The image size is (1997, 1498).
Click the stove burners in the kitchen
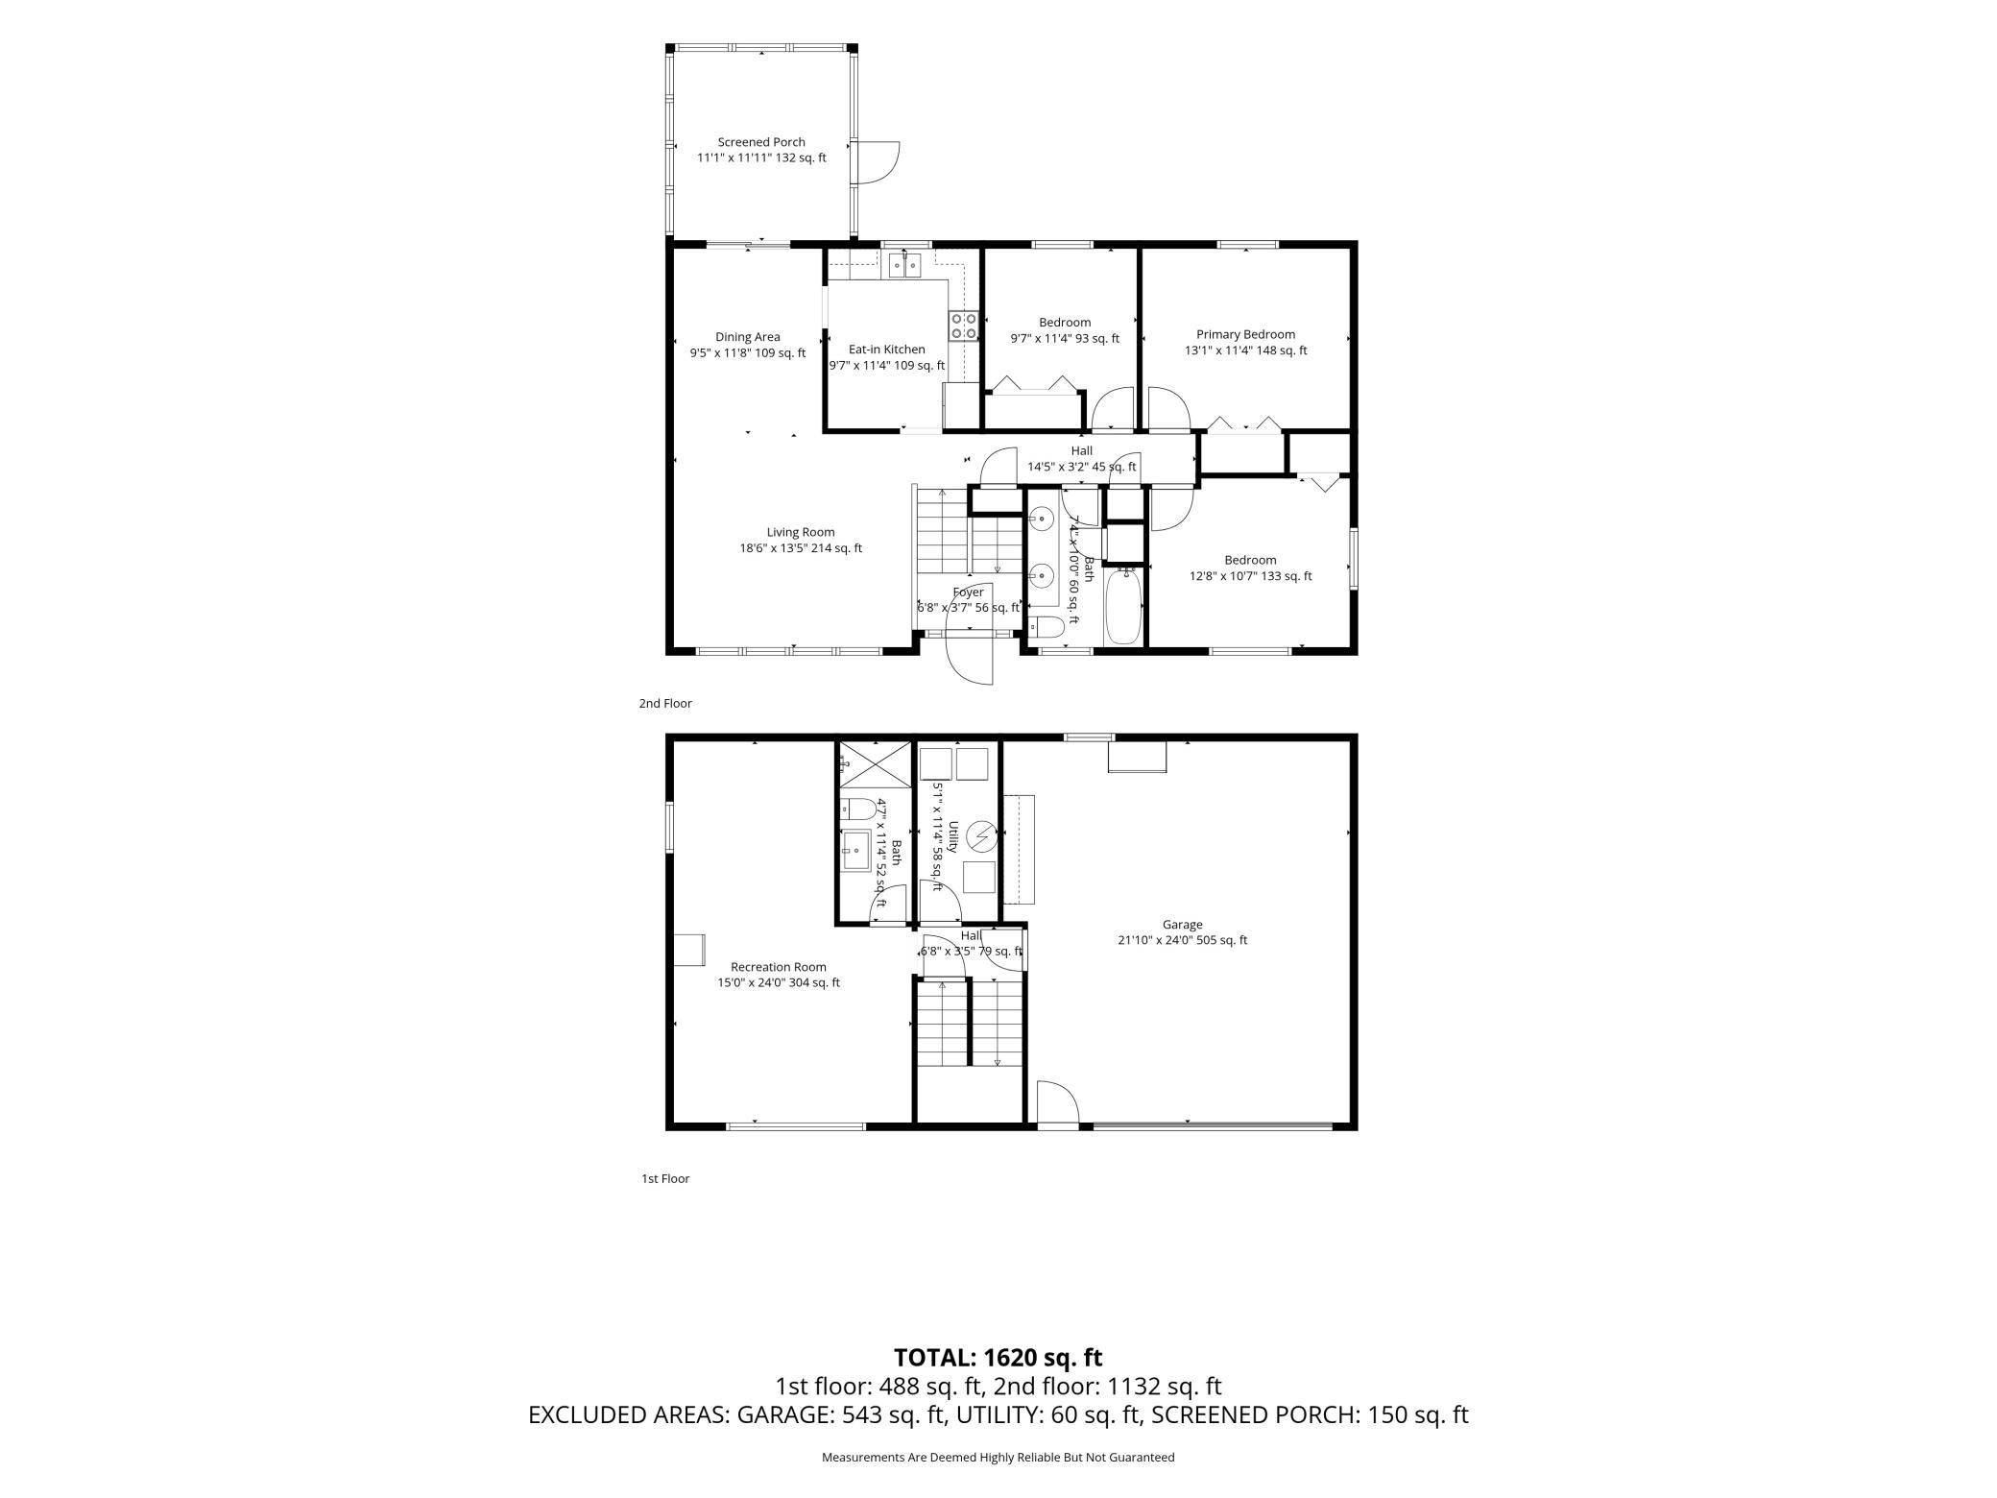click(964, 326)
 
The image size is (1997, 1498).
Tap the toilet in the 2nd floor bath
click(1046, 628)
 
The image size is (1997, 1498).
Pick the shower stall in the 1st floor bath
click(873, 765)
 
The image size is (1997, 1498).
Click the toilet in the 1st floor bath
click(856, 809)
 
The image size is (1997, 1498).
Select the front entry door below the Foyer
click(969, 657)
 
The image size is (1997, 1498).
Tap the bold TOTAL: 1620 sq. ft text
click(998, 1358)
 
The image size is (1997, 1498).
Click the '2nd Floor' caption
click(665, 704)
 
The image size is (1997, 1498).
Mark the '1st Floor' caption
click(665, 1179)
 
